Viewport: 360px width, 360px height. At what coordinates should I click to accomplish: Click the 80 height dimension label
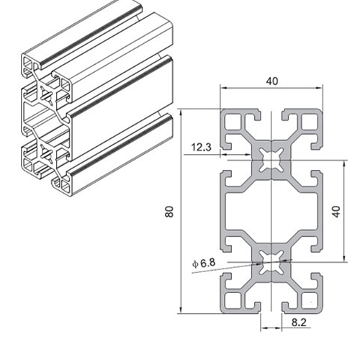coord(169,212)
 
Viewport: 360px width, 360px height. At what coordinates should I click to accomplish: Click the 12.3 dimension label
coord(201,147)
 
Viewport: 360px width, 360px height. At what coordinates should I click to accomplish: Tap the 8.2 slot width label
coord(299,323)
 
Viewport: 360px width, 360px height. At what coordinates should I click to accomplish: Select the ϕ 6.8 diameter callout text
coord(204,264)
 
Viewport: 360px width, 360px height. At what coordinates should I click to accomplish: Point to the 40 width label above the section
coord(272,81)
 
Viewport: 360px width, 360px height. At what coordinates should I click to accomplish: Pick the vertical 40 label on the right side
coord(337,212)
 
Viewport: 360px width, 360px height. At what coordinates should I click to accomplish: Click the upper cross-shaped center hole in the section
coord(271,160)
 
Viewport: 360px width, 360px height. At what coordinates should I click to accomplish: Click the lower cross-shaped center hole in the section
coord(271,262)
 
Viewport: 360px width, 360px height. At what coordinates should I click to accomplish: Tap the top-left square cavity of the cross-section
coord(233,122)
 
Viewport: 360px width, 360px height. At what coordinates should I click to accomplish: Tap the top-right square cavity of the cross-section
coord(310,122)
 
